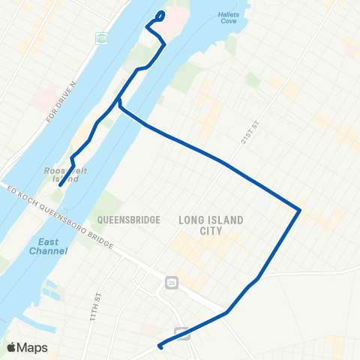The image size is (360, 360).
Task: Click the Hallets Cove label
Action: (228, 18)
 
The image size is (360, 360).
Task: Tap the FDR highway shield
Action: (102, 37)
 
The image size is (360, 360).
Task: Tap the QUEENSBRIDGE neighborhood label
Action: (129, 220)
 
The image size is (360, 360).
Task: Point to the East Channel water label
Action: (52, 246)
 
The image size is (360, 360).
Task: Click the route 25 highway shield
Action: (172, 283)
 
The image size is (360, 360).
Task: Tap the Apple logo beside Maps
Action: (11, 347)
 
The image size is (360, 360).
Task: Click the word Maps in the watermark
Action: (33, 347)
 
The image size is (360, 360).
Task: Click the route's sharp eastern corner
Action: (300, 210)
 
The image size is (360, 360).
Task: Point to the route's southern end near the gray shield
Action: (160, 346)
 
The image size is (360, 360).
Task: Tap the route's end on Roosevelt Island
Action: (61, 185)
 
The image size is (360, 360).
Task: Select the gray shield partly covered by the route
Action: (181, 332)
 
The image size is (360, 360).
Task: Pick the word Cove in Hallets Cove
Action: (228, 22)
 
